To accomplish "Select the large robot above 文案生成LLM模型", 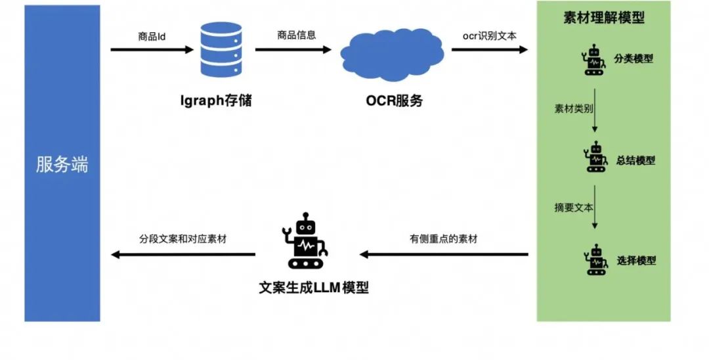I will (305, 241).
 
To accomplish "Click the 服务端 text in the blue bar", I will (62, 164).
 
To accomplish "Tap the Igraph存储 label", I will (216, 101).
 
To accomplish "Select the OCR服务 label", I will (394, 101).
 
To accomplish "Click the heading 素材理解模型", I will (604, 18).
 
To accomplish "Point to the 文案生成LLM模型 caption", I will (314, 287).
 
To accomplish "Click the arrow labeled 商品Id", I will (151, 49).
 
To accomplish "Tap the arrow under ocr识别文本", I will (490, 49).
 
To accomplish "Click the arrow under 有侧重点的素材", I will (444, 254).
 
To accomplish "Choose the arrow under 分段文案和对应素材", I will (183, 254).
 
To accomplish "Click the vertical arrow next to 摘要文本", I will (595, 209).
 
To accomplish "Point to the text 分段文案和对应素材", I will (183, 239).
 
